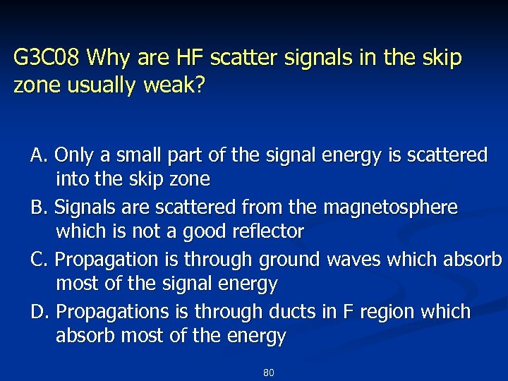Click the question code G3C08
pyautogui.click(x=47, y=57)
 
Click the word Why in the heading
pyautogui.click(x=107, y=57)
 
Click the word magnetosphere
pyautogui.click(x=389, y=207)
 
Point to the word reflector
pyautogui.click(x=267, y=231)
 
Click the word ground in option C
pyautogui.click(x=289, y=260)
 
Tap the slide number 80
pyautogui.click(x=268, y=372)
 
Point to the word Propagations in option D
pyautogui.click(x=110, y=312)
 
